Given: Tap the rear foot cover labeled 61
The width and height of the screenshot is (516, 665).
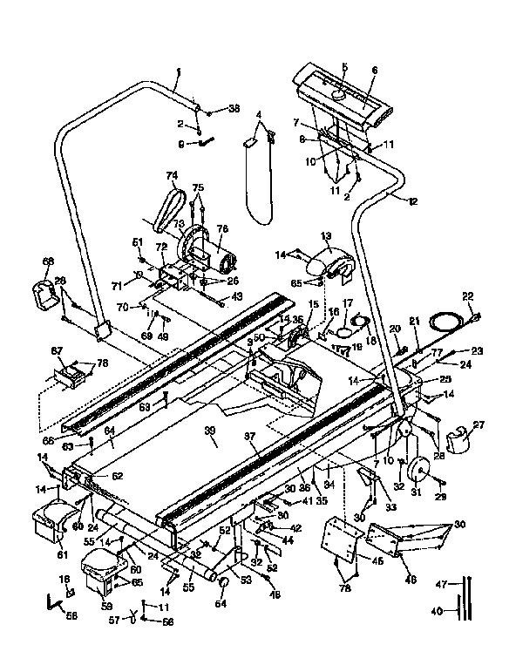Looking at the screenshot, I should (50, 521).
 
